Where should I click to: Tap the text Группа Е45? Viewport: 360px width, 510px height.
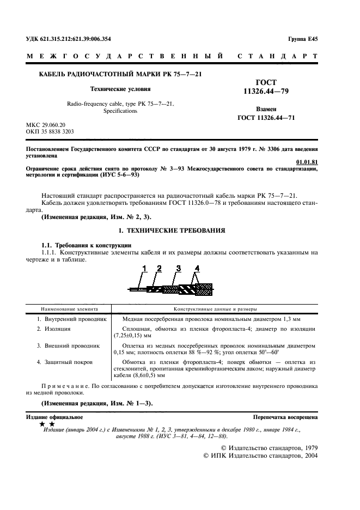pyautogui.click(x=302, y=39)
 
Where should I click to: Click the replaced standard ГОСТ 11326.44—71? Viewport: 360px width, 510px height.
pyautogui.click(x=266, y=118)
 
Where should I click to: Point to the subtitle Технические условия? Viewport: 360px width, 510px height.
pyautogui.click(x=120, y=88)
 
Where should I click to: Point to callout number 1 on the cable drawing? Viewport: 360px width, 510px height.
pyautogui.click(x=145, y=268)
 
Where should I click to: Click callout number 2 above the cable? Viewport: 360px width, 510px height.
pyautogui.click(x=159, y=268)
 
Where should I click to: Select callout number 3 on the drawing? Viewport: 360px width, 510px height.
pyautogui.click(x=178, y=268)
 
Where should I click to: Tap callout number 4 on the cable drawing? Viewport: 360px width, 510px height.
pyautogui.click(x=197, y=268)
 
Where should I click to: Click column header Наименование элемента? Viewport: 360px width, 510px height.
pyautogui.click(x=68, y=308)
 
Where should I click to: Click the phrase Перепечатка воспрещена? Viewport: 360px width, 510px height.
pyautogui.click(x=285, y=417)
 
